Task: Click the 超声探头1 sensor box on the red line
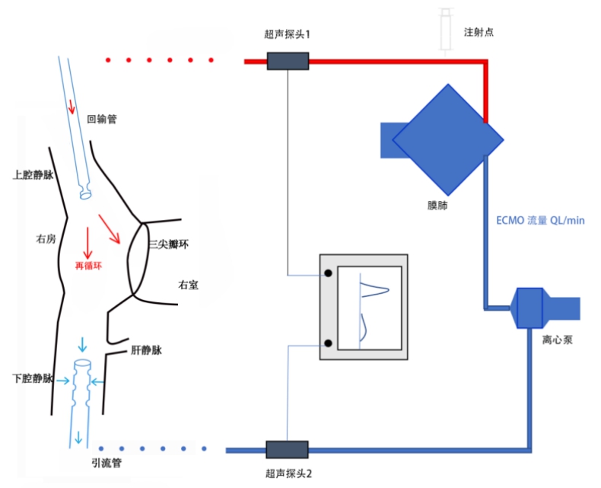point(288,61)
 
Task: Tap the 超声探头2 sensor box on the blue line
point(288,450)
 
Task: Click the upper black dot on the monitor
point(327,273)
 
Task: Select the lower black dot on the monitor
point(327,342)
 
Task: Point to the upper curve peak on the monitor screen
point(386,289)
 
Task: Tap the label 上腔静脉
point(33,174)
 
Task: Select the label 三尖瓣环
point(168,244)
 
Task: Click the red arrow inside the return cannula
point(72,106)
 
